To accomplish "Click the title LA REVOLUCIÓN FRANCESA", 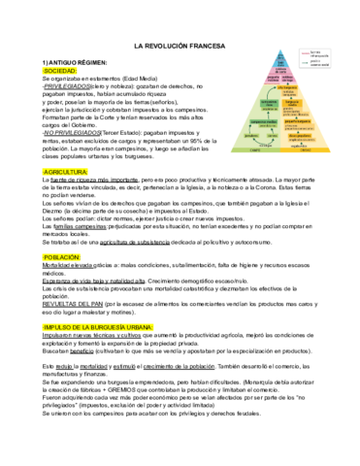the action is (180, 46).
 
